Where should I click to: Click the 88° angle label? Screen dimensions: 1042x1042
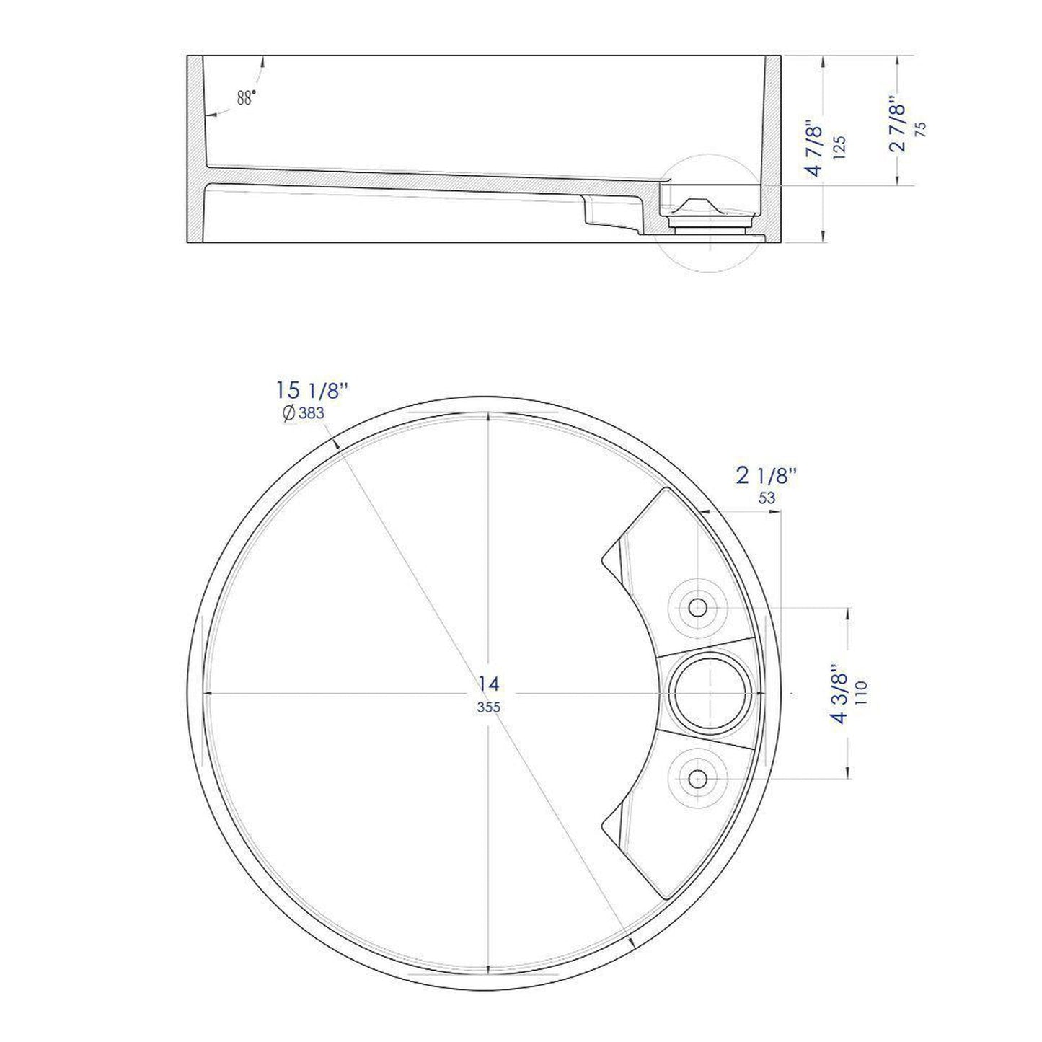[x=246, y=99]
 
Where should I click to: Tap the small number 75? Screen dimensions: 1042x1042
[x=920, y=129]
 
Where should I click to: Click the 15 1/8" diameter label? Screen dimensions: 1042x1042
[x=312, y=392]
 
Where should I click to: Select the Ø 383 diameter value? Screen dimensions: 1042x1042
[x=304, y=413]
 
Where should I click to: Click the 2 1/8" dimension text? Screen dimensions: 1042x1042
[x=766, y=476]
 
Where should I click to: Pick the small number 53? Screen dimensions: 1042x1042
[x=767, y=498]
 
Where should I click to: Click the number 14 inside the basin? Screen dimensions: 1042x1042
[x=488, y=684]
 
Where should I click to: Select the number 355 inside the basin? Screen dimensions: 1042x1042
[x=488, y=707]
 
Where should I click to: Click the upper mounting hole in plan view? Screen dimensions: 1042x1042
[x=697, y=607]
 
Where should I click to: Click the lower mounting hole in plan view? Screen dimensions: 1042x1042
[x=697, y=778]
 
